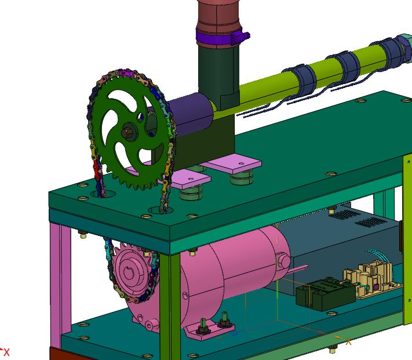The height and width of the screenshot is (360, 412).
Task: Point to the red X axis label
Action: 6,352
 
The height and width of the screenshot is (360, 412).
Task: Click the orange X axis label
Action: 348,341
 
